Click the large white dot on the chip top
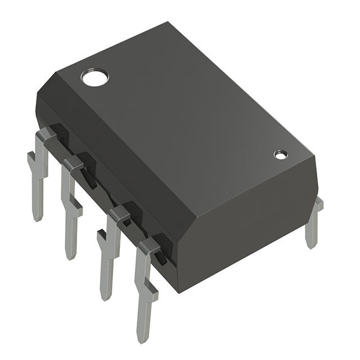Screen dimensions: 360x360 point(94,77)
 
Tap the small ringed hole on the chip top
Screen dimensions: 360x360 point(280,154)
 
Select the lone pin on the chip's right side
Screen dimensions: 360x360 point(313,223)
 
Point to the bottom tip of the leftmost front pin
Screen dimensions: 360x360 point(38,217)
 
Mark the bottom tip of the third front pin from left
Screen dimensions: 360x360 point(105,295)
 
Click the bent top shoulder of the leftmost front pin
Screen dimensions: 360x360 point(48,135)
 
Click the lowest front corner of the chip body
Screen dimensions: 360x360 point(179,291)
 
